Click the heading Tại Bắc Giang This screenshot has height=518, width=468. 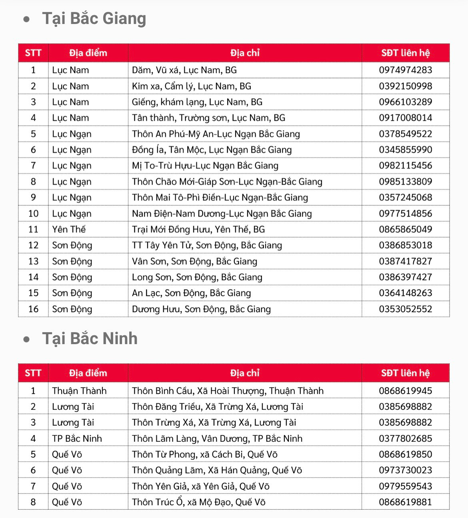click(x=94, y=19)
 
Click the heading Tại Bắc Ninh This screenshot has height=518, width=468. click(x=90, y=339)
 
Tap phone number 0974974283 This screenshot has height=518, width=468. click(x=405, y=70)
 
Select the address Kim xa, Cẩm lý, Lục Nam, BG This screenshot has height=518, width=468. click(x=192, y=86)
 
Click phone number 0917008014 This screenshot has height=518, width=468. click(x=405, y=118)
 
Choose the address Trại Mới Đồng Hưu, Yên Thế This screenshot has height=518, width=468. click(x=198, y=229)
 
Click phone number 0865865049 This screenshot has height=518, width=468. click(x=405, y=229)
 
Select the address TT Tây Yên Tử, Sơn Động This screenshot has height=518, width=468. click(x=207, y=245)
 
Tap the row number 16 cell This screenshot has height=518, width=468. click(x=33, y=309)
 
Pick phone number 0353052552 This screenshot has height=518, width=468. click(x=405, y=309)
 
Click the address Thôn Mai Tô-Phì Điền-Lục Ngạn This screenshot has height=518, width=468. click(x=220, y=197)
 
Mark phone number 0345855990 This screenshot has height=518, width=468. click(x=405, y=150)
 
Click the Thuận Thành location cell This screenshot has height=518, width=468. click(x=79, y=390)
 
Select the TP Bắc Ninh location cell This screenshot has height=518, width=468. click(x=77, y=438)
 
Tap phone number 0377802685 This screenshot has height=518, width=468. click(x=405, y=438)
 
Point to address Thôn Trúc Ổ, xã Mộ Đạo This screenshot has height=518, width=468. click(x=199, y=502)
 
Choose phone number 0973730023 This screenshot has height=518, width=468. click(x=405, y=470)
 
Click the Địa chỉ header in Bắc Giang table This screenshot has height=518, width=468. click(x=245, y=53)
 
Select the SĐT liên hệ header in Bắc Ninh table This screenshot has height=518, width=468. click(x=405, y=373)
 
